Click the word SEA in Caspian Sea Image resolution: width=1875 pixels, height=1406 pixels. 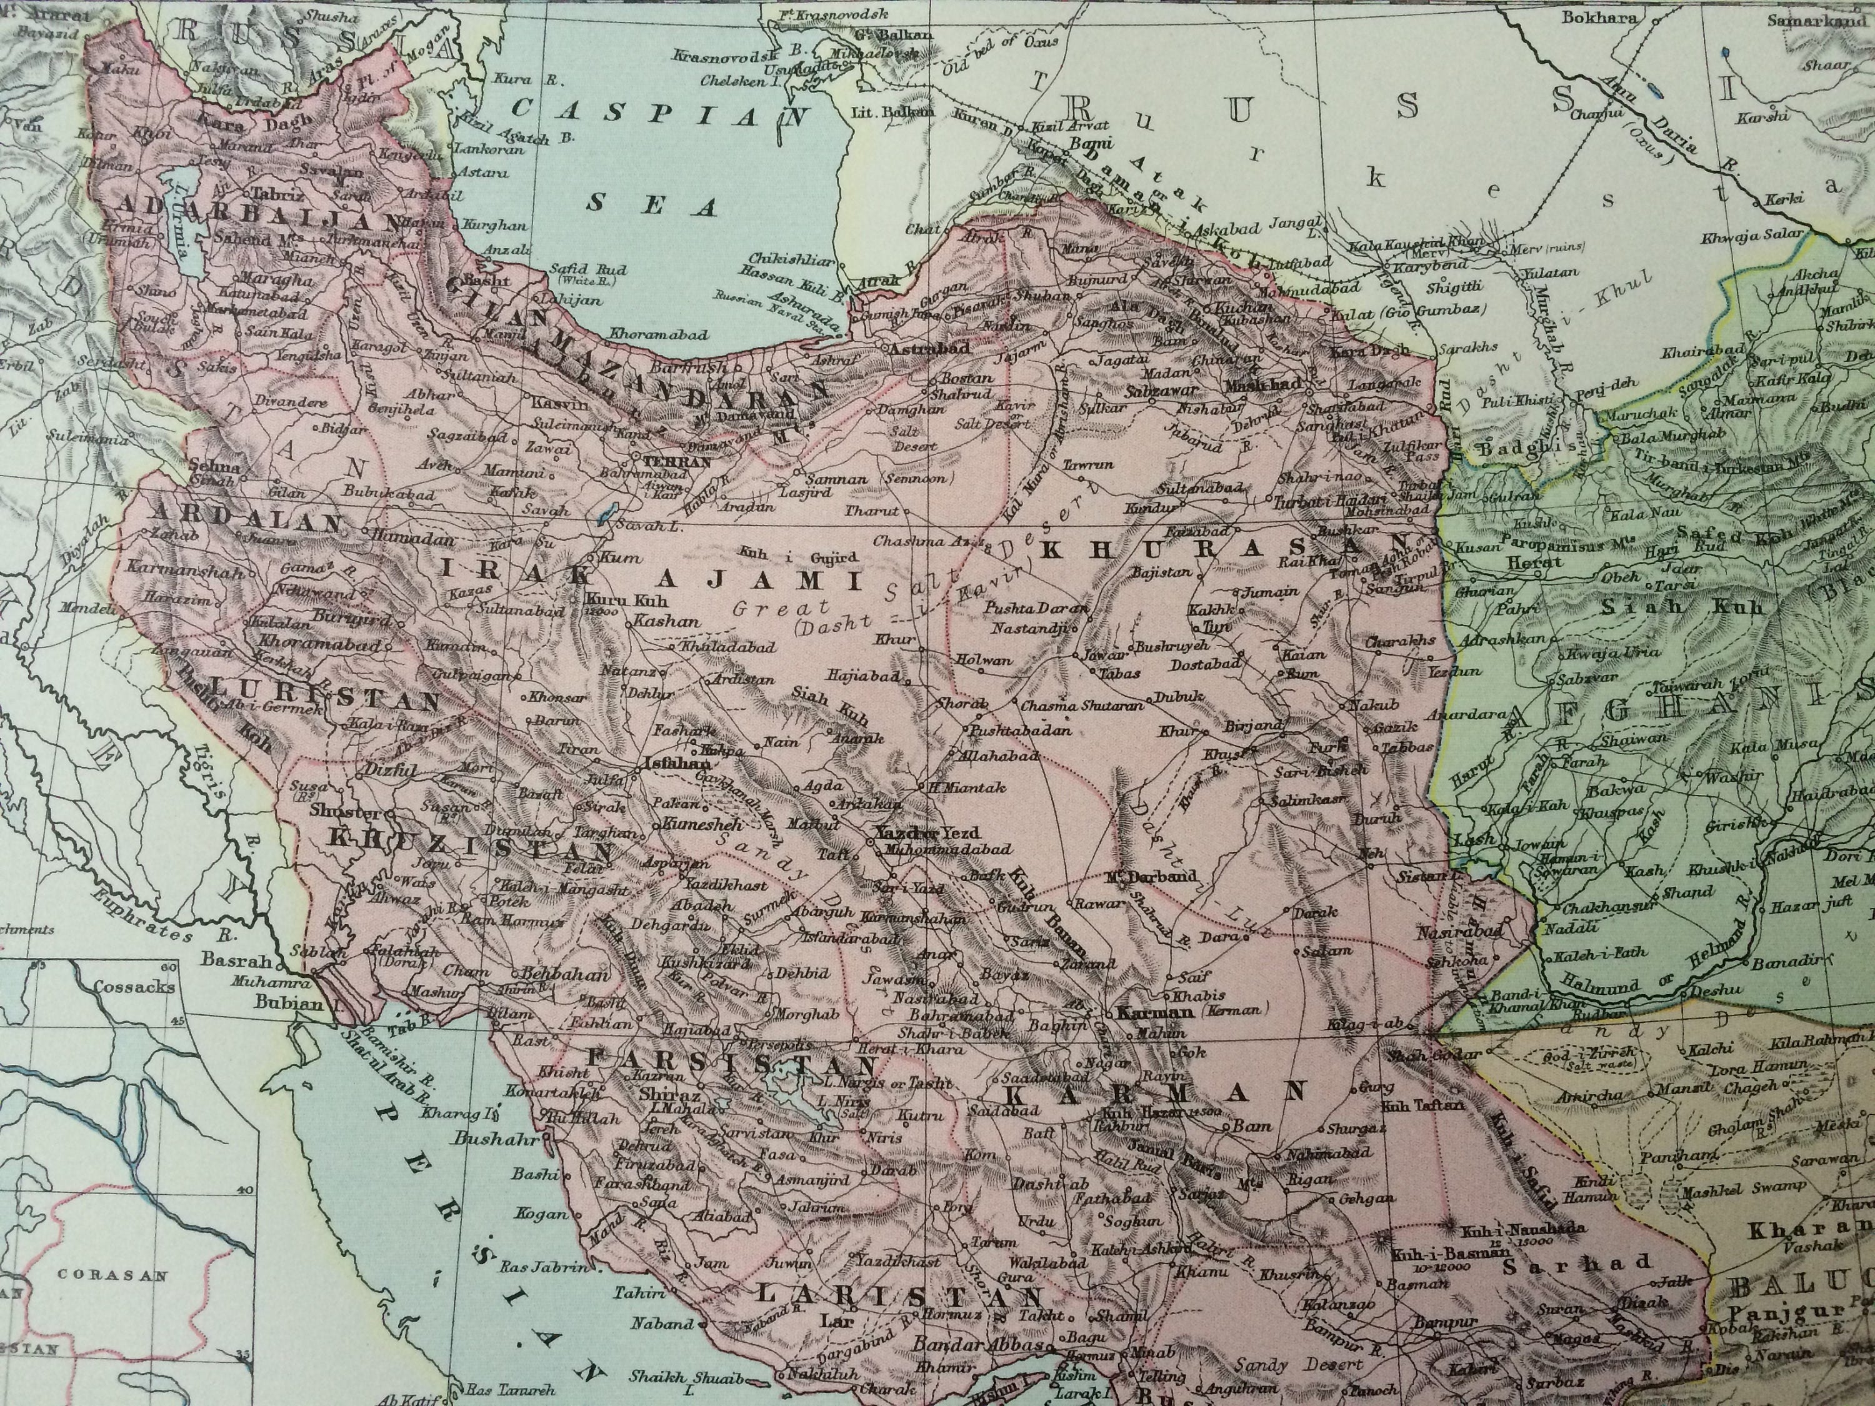[652, 206]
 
